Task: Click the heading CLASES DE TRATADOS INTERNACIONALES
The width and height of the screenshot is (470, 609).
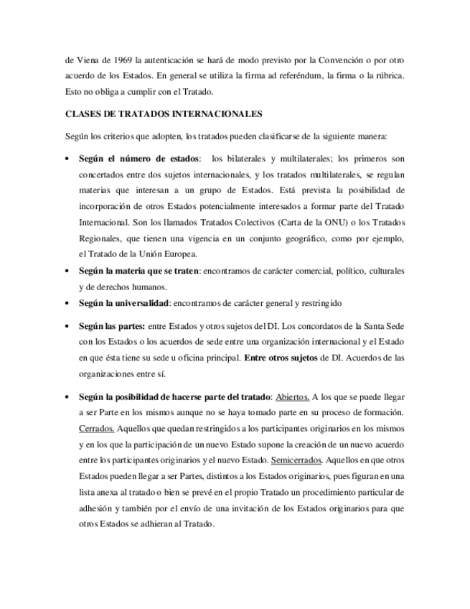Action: coord(164,113)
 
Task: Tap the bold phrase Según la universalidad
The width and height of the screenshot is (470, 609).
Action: coord(124,303)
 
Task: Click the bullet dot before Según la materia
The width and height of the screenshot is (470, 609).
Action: coord(67,271)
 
